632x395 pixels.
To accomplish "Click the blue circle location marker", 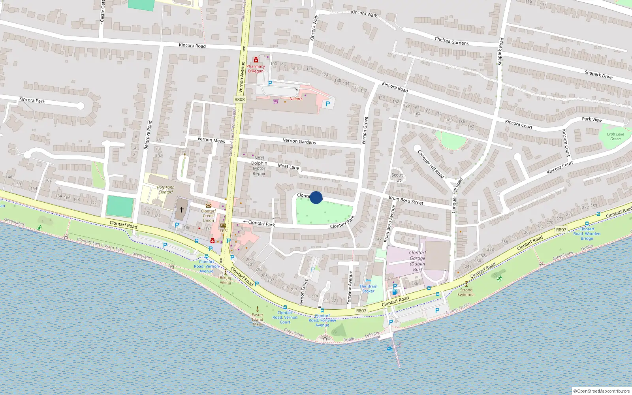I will tap(316, 197).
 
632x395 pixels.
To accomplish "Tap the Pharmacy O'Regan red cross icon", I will tap(256, 60).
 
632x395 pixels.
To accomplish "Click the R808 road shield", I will tap(239, 100).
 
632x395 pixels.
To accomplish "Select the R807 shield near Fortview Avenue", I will tap(361, 310).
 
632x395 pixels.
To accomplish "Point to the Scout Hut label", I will tap(397, 177).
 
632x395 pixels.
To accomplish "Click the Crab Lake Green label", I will tap(615, 136).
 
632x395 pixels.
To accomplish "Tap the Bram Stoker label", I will tap(368, 289).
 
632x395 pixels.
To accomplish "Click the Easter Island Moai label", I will tap(258, 319).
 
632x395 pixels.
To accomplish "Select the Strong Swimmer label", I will tap(466, 292).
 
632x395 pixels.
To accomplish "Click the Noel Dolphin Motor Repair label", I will tap(259, 166).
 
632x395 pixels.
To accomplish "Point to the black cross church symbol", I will tap(182, 210).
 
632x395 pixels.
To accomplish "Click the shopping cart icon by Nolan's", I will tap(276, 101).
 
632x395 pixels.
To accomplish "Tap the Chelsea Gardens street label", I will tap(451, 41).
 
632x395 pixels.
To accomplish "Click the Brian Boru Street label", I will tap(406, 200).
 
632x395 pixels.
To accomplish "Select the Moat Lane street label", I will tap(288, 167).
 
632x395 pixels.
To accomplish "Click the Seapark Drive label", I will tap(598, 75).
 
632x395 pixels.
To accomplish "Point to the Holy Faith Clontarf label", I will tap(166, 190).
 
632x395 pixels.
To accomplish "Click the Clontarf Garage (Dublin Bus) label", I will tap(417, 261).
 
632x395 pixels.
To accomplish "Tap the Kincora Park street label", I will tap(32, 100).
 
